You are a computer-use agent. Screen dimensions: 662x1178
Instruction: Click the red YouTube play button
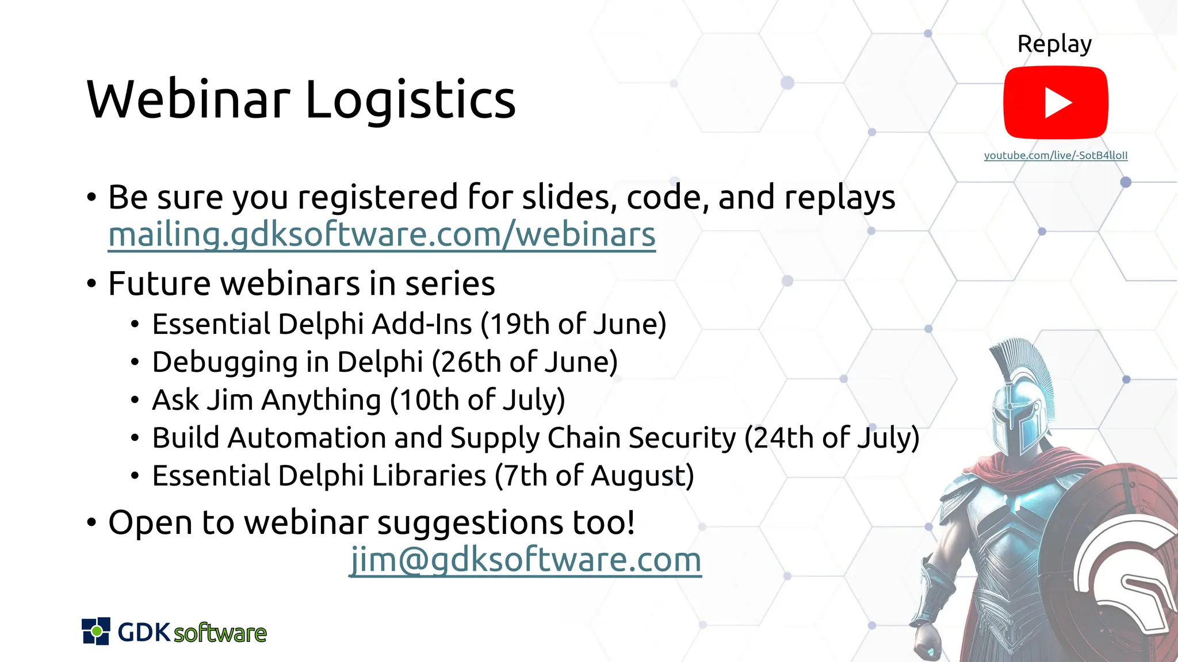click(x=1055, y=102)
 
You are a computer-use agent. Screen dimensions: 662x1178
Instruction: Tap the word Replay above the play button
click(x=1054, y=44)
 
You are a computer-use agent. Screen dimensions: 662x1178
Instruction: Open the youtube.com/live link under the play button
click(x=1055, y=155)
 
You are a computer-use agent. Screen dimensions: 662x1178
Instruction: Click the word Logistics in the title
click(x=410, y=100)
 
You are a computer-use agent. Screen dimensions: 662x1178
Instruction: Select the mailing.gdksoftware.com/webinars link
click(x=381, y=234)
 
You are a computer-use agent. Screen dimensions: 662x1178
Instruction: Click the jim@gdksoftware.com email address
click(x=525, y=559)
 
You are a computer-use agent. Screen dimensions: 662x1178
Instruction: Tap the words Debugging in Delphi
click(x=288, y=362)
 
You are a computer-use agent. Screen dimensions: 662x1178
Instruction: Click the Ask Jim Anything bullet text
click(x=266, y=400)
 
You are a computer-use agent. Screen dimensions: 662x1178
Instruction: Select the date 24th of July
click(x=832, y=438)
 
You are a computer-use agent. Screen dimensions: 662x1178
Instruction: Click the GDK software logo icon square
click(x=95, y=631)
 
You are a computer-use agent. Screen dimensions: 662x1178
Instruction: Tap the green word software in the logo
click(x=220, y=633)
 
